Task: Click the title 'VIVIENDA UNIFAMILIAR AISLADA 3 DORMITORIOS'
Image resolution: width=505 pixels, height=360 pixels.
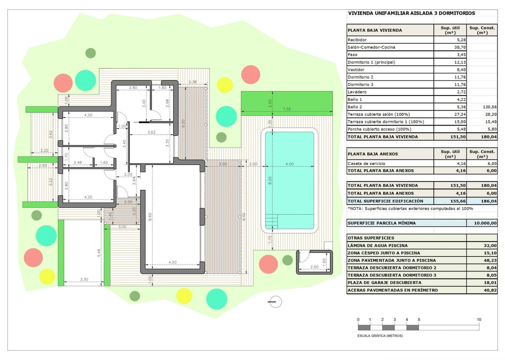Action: [x=411, y=13]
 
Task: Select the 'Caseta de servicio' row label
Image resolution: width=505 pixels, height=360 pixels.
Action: [x=365, y=163]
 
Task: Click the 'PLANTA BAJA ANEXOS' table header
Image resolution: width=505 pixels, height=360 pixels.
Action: [x=373, y=154]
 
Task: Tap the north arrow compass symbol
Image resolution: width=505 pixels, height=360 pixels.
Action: [x=275, y=302]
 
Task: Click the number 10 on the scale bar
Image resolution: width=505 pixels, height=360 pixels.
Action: [x=479, y=319]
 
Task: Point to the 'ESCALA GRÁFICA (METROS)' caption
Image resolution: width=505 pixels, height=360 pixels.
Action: [x=380, y=336]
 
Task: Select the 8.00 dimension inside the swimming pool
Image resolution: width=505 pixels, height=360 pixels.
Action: [x=269, y=180]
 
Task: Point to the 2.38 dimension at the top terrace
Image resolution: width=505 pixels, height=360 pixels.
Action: [x=192, y=82]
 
